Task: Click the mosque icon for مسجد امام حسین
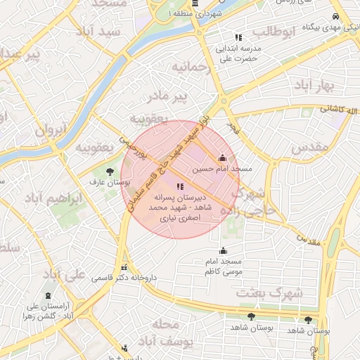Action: [224, 157]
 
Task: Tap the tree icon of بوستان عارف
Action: [109, 171]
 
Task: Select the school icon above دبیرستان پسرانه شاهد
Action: [181, 186]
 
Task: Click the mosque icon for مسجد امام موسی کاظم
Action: [224, 250]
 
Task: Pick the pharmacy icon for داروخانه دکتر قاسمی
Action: [124, 267]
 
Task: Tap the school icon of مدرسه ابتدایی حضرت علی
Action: [238, 37]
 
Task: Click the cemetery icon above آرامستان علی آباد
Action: [47, 295]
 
